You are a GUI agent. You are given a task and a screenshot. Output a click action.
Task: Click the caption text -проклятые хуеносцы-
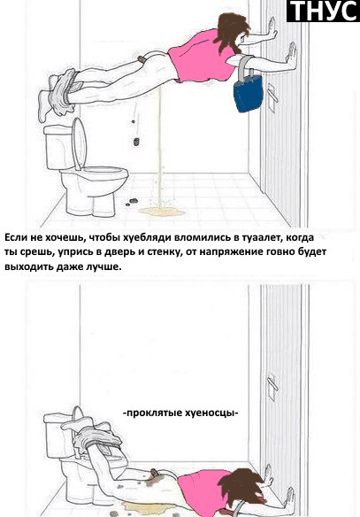coord(181,412)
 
